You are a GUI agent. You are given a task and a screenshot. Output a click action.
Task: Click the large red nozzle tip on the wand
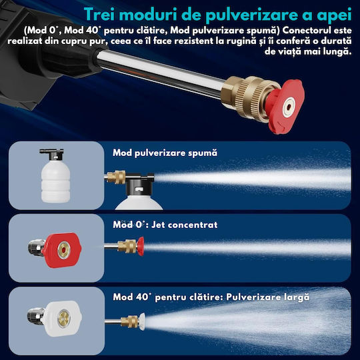click(286, 106)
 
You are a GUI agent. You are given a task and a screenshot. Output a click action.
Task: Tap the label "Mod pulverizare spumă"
click(165, 153)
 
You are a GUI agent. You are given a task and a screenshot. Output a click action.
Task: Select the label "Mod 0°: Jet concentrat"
click(165, 225)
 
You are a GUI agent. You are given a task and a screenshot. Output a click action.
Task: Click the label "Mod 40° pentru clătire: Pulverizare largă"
click(211, 297)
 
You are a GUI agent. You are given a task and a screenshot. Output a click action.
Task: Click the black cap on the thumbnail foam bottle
click(53, 154)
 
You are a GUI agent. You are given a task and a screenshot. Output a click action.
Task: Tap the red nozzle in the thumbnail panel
click(61, 250)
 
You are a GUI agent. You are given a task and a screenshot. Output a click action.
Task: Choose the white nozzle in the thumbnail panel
click(62, 319)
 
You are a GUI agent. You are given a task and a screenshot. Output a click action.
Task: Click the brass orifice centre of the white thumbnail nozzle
click(63, 319)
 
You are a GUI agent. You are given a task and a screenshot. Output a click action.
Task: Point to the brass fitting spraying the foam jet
click(116, 177)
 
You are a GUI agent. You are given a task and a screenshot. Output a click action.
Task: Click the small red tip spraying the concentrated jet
click(141, 246)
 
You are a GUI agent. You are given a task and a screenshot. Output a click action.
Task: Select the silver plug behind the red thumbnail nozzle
click(36, 247)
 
